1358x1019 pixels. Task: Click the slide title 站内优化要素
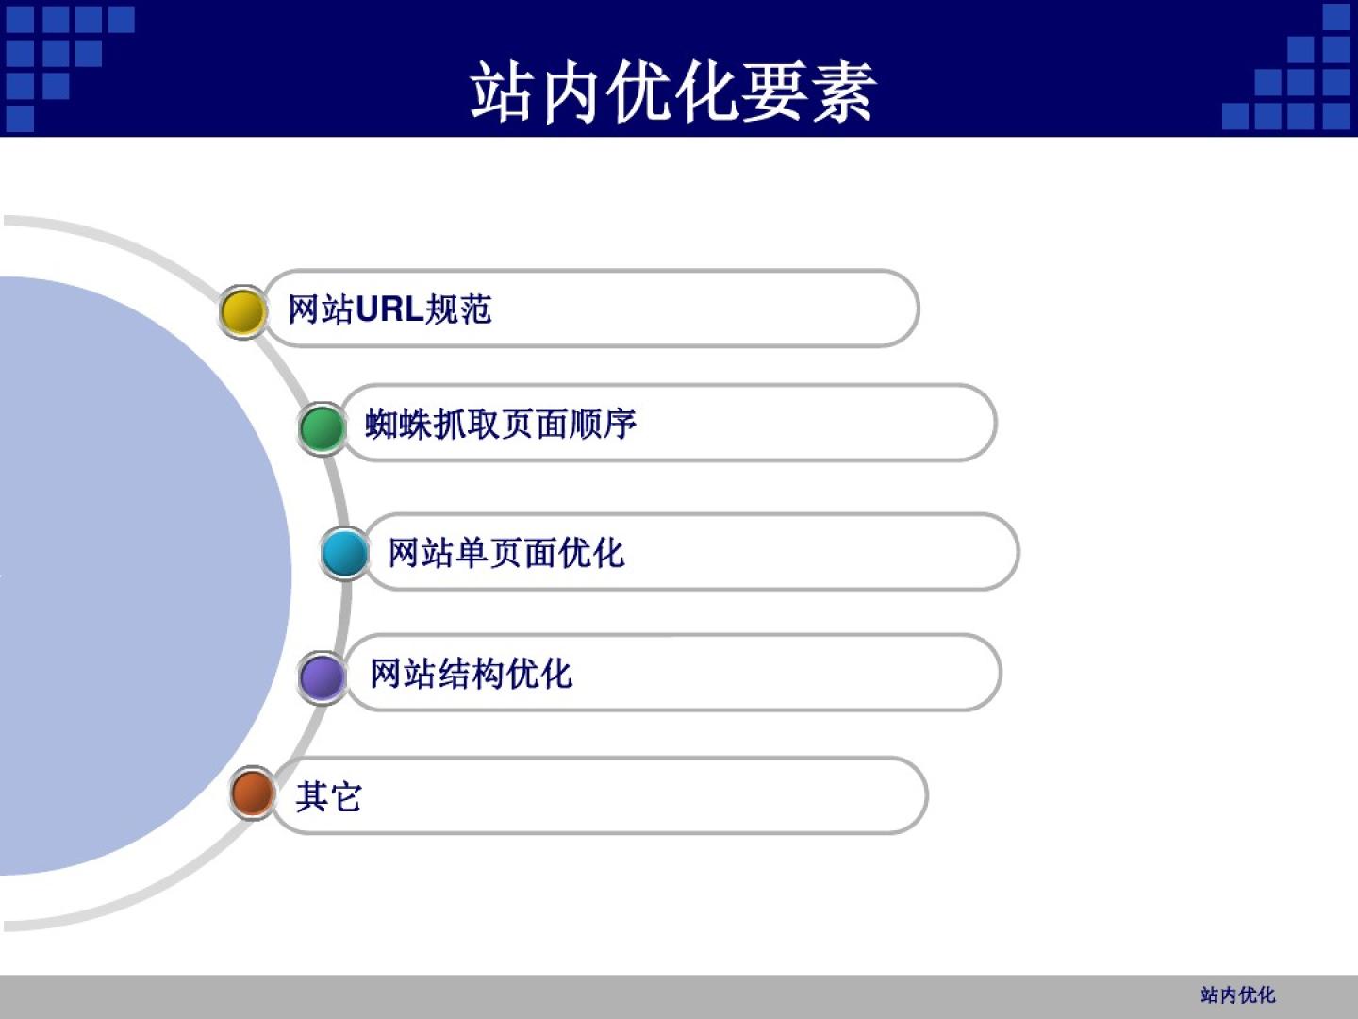672,92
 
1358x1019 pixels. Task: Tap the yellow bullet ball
243,311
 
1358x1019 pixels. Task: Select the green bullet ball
322,428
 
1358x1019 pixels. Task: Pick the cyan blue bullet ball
344,553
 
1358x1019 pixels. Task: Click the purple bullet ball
322,677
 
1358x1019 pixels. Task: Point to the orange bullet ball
253,793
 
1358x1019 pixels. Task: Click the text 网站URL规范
389,309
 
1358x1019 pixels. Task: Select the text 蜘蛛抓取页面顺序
501,424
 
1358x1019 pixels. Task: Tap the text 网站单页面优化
506,553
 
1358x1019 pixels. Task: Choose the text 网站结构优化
471,673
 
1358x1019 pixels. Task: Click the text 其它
328,796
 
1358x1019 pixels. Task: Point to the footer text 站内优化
1238,995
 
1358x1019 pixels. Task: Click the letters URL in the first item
389,309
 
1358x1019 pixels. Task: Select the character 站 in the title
502,92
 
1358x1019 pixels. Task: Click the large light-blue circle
124,576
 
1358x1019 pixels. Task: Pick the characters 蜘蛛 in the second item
398,424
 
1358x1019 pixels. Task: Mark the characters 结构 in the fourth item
471,673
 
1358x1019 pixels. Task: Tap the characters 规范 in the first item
458,309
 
